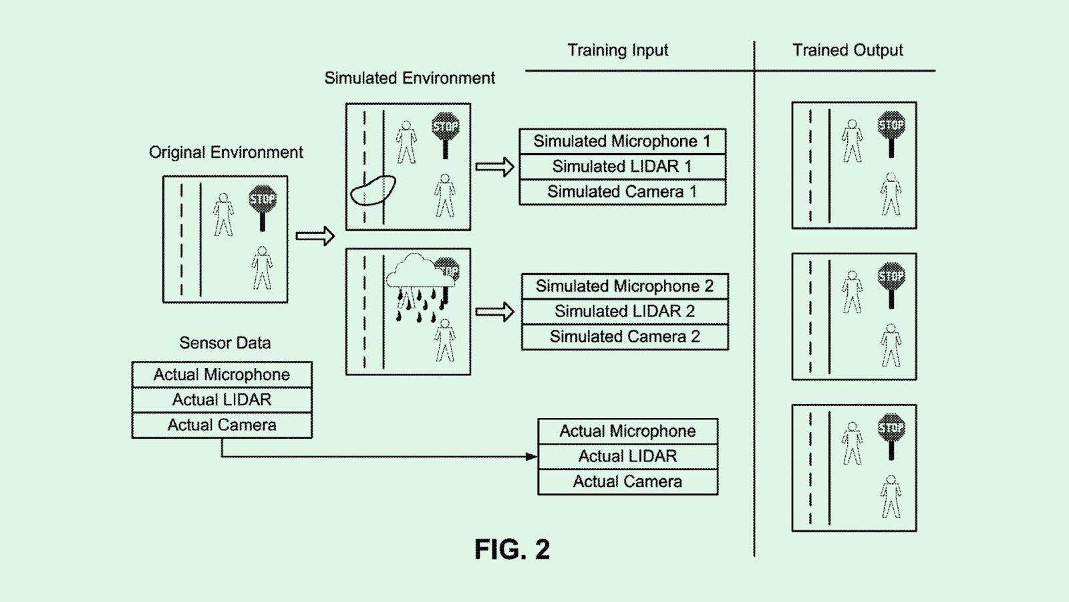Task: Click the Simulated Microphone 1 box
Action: pos(622,141)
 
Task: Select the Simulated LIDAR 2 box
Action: pos(625,312)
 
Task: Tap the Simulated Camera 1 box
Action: pos(622,192)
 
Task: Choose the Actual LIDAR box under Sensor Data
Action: pos(222,400)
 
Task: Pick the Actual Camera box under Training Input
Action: pos(627,482)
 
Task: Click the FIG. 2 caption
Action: pos(512,550)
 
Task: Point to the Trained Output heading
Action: pos(847,50)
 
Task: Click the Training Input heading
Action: pos(617,50)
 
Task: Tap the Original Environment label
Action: pos(226,153)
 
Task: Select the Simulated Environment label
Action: pos(410,78)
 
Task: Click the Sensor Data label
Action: pos(225,343)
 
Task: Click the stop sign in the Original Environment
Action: pos(263,201)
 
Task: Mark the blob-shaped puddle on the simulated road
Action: pos(373,190)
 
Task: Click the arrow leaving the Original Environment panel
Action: pos(315,235)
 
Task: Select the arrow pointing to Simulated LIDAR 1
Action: pos(494,167)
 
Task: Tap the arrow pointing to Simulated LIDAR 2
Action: pos(494,312)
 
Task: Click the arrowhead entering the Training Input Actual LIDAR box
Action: pos(532,457)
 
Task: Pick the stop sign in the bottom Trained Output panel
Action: pos(891,428)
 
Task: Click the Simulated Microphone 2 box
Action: pos(625,286)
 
